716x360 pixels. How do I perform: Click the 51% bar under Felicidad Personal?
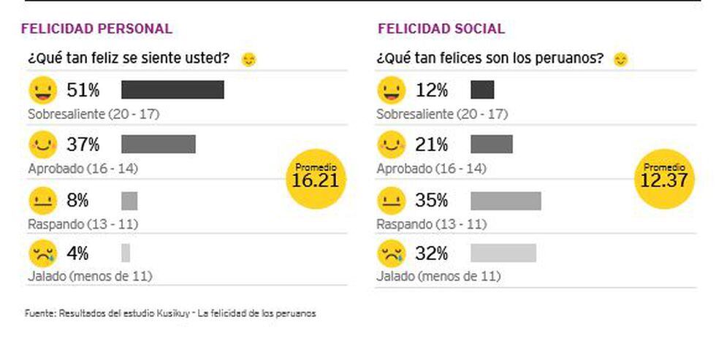pos(172,90)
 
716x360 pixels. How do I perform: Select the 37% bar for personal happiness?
pos(159,144)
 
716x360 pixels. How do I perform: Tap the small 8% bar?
pos(129,200)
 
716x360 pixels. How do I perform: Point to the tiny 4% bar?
pos(126,253)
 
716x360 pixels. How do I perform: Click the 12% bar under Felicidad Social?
pos(482,90)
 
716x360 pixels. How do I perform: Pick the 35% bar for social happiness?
pos(506,200)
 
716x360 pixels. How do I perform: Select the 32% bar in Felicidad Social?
pos(503,253)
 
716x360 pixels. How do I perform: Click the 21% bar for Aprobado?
pos(492,144)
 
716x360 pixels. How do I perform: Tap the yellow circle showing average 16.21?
pos(315,179)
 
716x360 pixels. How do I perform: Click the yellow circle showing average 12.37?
pos(664,179)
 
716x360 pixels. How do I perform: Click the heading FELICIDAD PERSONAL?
pos(96,29)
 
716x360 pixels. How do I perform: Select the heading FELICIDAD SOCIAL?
pos(441,29)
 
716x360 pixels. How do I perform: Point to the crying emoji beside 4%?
pos(42,253)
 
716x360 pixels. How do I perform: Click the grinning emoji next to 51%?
pos(42,91)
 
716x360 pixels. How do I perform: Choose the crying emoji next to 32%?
pos(392,253)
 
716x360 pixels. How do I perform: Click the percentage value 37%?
pos(83,145)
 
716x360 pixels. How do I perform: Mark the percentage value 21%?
pos(431,145)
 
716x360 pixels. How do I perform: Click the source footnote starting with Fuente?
pos(170,313)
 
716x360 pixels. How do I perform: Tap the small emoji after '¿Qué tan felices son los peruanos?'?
pos(620,59)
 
